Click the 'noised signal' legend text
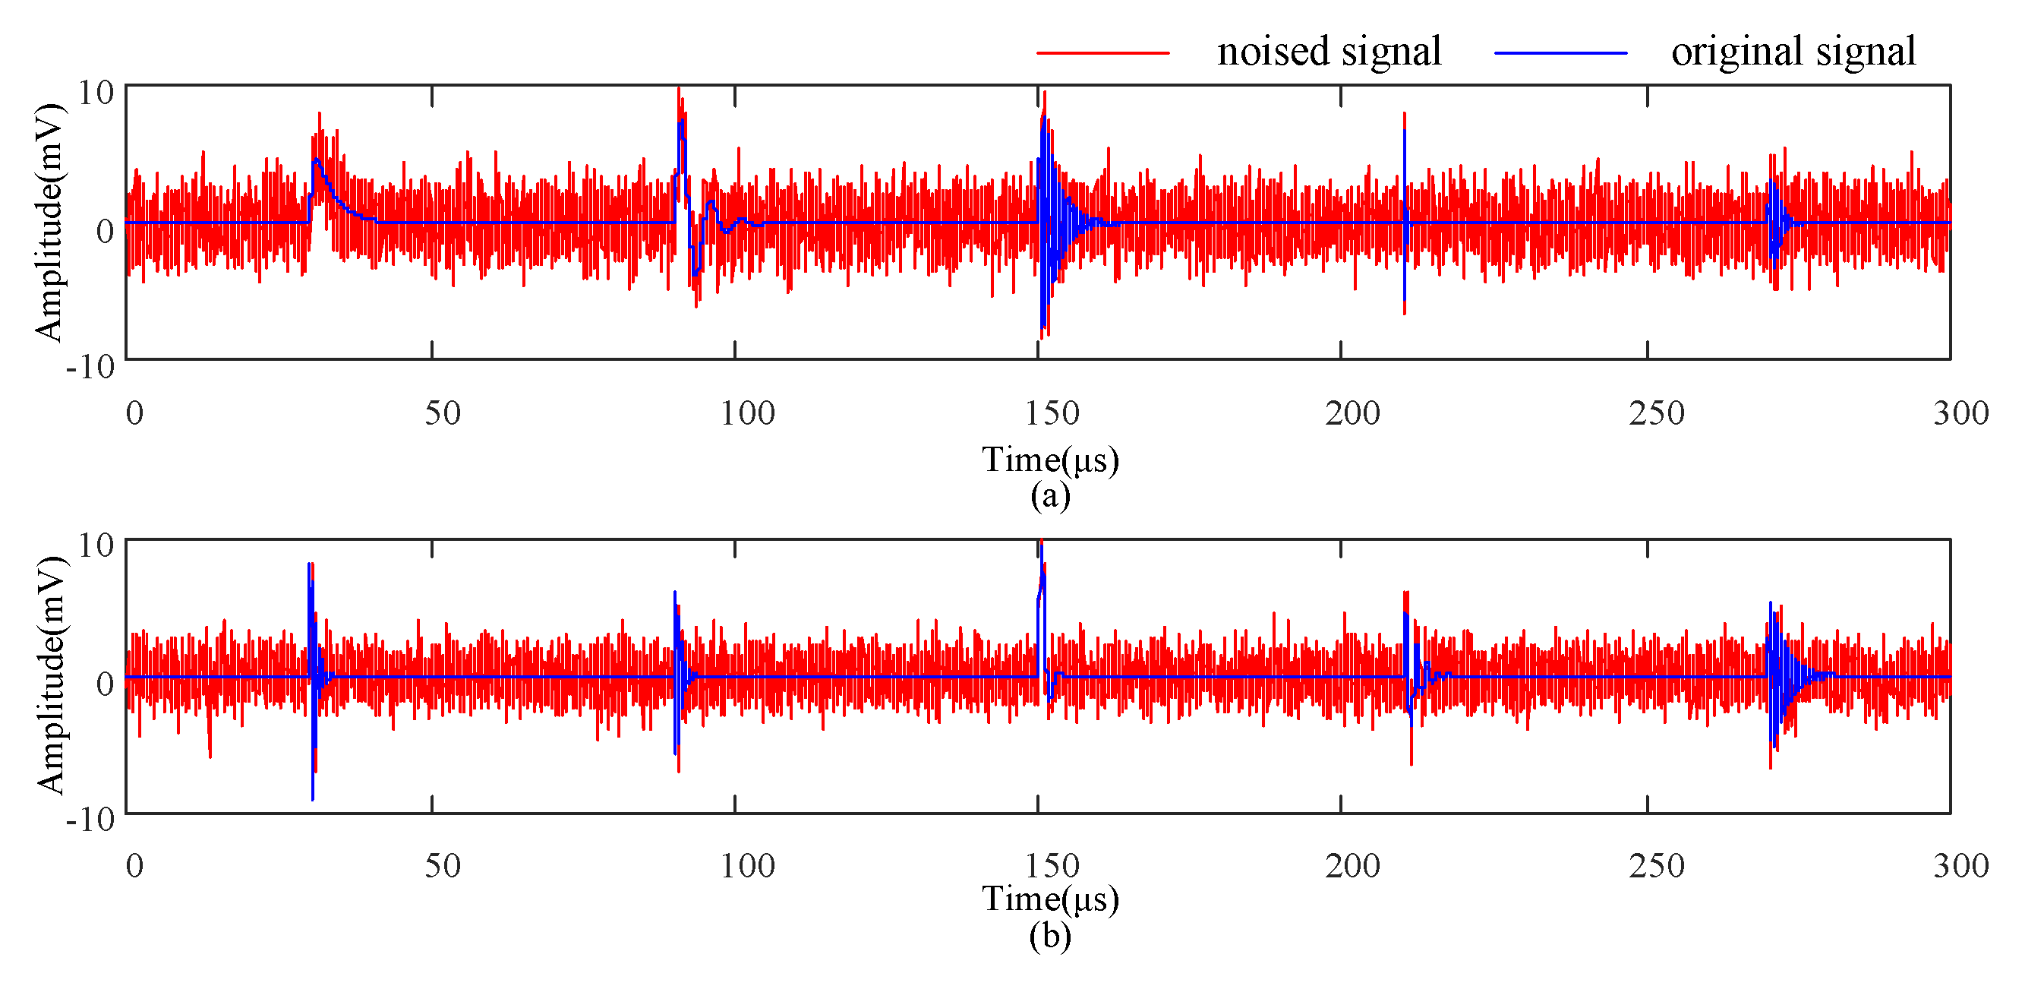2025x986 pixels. pos(1329,52)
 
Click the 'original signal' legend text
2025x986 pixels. pos(1793,52)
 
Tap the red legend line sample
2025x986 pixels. pos(1103,52)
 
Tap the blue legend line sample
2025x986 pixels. pos(1560,52)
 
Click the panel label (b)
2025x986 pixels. pos(1050,936)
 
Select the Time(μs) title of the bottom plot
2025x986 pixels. pos(1050,899)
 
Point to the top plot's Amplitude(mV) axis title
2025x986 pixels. pos(49,222)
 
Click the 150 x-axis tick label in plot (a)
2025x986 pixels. pos(1052,413)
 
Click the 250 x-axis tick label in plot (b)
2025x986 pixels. pos(1656,866)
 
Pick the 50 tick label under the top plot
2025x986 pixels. pos(443,413)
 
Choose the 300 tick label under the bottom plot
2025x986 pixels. pos(1960,866)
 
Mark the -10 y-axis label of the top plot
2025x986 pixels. pos(90,367)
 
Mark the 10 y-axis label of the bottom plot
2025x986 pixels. pos(96,545)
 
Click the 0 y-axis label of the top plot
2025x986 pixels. pos(106,231)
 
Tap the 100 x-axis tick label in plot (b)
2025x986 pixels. pos(748,866)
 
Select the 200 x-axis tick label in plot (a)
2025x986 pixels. pos(1352,413)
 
